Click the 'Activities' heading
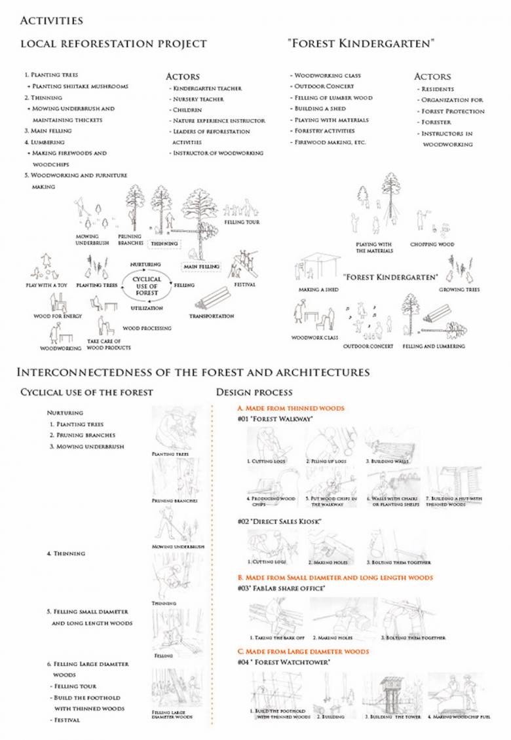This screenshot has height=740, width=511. coord(51,21)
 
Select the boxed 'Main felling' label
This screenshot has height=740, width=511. coord(202,267)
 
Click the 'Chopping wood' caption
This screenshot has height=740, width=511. coord(432,244)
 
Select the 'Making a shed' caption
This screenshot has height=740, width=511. coord(318,289)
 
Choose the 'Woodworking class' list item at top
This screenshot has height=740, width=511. coord(327,75)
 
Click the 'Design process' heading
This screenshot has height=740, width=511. coord(254,392)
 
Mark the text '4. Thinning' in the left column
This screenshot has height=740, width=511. coord(66,553)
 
